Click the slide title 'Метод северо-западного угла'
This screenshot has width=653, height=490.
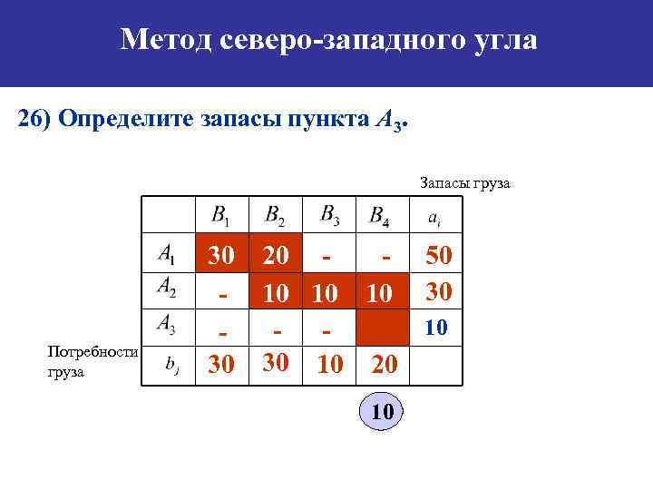point(328,39)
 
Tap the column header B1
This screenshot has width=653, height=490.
point(220,216)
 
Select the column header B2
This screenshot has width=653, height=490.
point(274,216)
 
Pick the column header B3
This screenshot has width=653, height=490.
point(331,215)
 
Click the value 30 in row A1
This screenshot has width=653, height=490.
point(221,257)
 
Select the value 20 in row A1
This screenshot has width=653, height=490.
point(275,257)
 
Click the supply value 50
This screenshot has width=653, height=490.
point(439,257)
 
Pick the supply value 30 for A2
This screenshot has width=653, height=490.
point(439,291)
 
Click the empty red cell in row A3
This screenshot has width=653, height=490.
point(385,327)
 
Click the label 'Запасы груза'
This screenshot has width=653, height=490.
point(465,183)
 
